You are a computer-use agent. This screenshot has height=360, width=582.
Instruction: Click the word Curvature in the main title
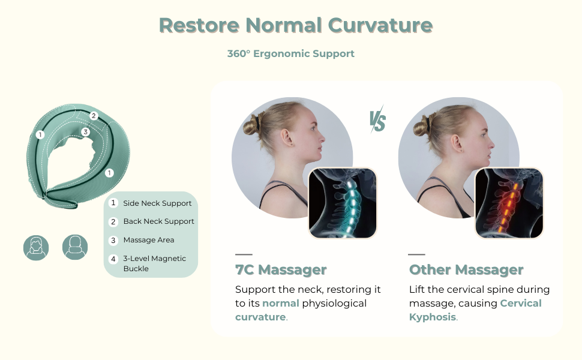[380, 25]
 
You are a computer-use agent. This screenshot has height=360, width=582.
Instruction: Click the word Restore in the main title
[199, 25]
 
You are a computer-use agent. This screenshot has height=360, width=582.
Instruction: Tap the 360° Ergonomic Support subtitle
[290, 54]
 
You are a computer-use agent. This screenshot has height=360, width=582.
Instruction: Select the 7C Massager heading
[281, 270]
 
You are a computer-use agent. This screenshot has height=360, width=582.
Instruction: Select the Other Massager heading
[466, 270]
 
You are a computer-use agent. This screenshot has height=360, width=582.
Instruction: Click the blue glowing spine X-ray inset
[343, 203]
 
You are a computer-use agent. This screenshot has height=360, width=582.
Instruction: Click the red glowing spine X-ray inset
[509, 203]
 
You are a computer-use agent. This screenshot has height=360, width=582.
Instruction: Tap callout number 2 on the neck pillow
[94, 116]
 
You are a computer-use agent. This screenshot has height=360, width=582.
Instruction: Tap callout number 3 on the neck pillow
[85, 132]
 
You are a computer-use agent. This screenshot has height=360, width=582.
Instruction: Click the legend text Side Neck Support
[157, 203]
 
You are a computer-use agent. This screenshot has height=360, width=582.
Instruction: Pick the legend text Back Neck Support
[159, 221]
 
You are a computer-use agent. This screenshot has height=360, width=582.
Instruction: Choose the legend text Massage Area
[149, 240]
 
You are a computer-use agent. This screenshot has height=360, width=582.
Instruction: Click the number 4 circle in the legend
[113, 259]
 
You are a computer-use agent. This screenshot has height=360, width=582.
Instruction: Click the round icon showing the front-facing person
[36, 248]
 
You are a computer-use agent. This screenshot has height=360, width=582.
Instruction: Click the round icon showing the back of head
[75, 247]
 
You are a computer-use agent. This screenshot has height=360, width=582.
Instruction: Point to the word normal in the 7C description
[281, 303]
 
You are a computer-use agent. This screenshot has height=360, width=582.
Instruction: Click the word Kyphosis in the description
[433, 317]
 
